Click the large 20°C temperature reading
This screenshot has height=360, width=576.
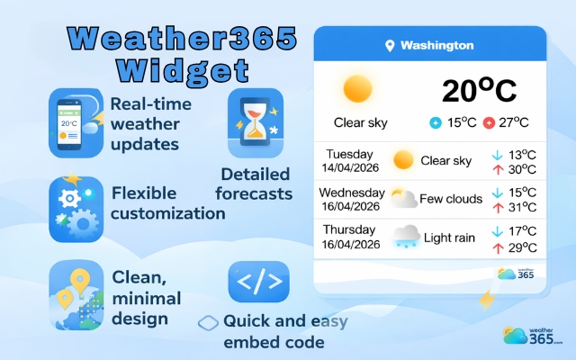479,91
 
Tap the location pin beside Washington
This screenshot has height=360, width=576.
390,46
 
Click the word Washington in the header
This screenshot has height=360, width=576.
436,46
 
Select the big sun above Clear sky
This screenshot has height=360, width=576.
357,89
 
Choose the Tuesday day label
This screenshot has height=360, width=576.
349,154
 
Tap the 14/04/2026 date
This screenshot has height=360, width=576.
349,168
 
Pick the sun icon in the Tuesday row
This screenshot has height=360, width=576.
404,161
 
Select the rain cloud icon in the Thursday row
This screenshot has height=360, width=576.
406,237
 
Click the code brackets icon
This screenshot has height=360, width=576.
258,282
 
